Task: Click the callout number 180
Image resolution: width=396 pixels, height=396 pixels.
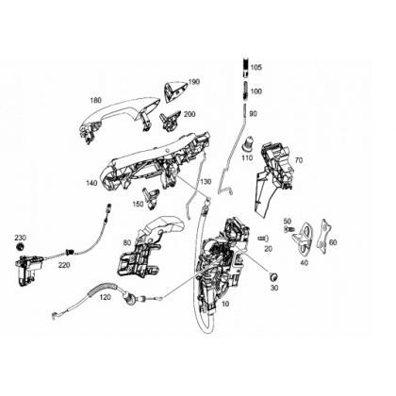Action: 96,101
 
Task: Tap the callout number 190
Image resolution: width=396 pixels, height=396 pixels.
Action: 194,82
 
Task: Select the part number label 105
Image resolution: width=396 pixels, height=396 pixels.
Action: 256,67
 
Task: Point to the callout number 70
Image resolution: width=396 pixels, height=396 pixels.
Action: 299,160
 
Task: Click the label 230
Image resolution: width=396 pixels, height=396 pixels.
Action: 20,238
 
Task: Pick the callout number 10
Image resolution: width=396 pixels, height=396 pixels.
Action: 225,304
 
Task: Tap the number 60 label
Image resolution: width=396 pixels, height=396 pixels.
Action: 333,242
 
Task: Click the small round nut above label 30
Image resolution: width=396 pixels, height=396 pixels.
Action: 273,276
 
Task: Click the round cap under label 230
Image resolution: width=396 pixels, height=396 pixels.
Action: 21,247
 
